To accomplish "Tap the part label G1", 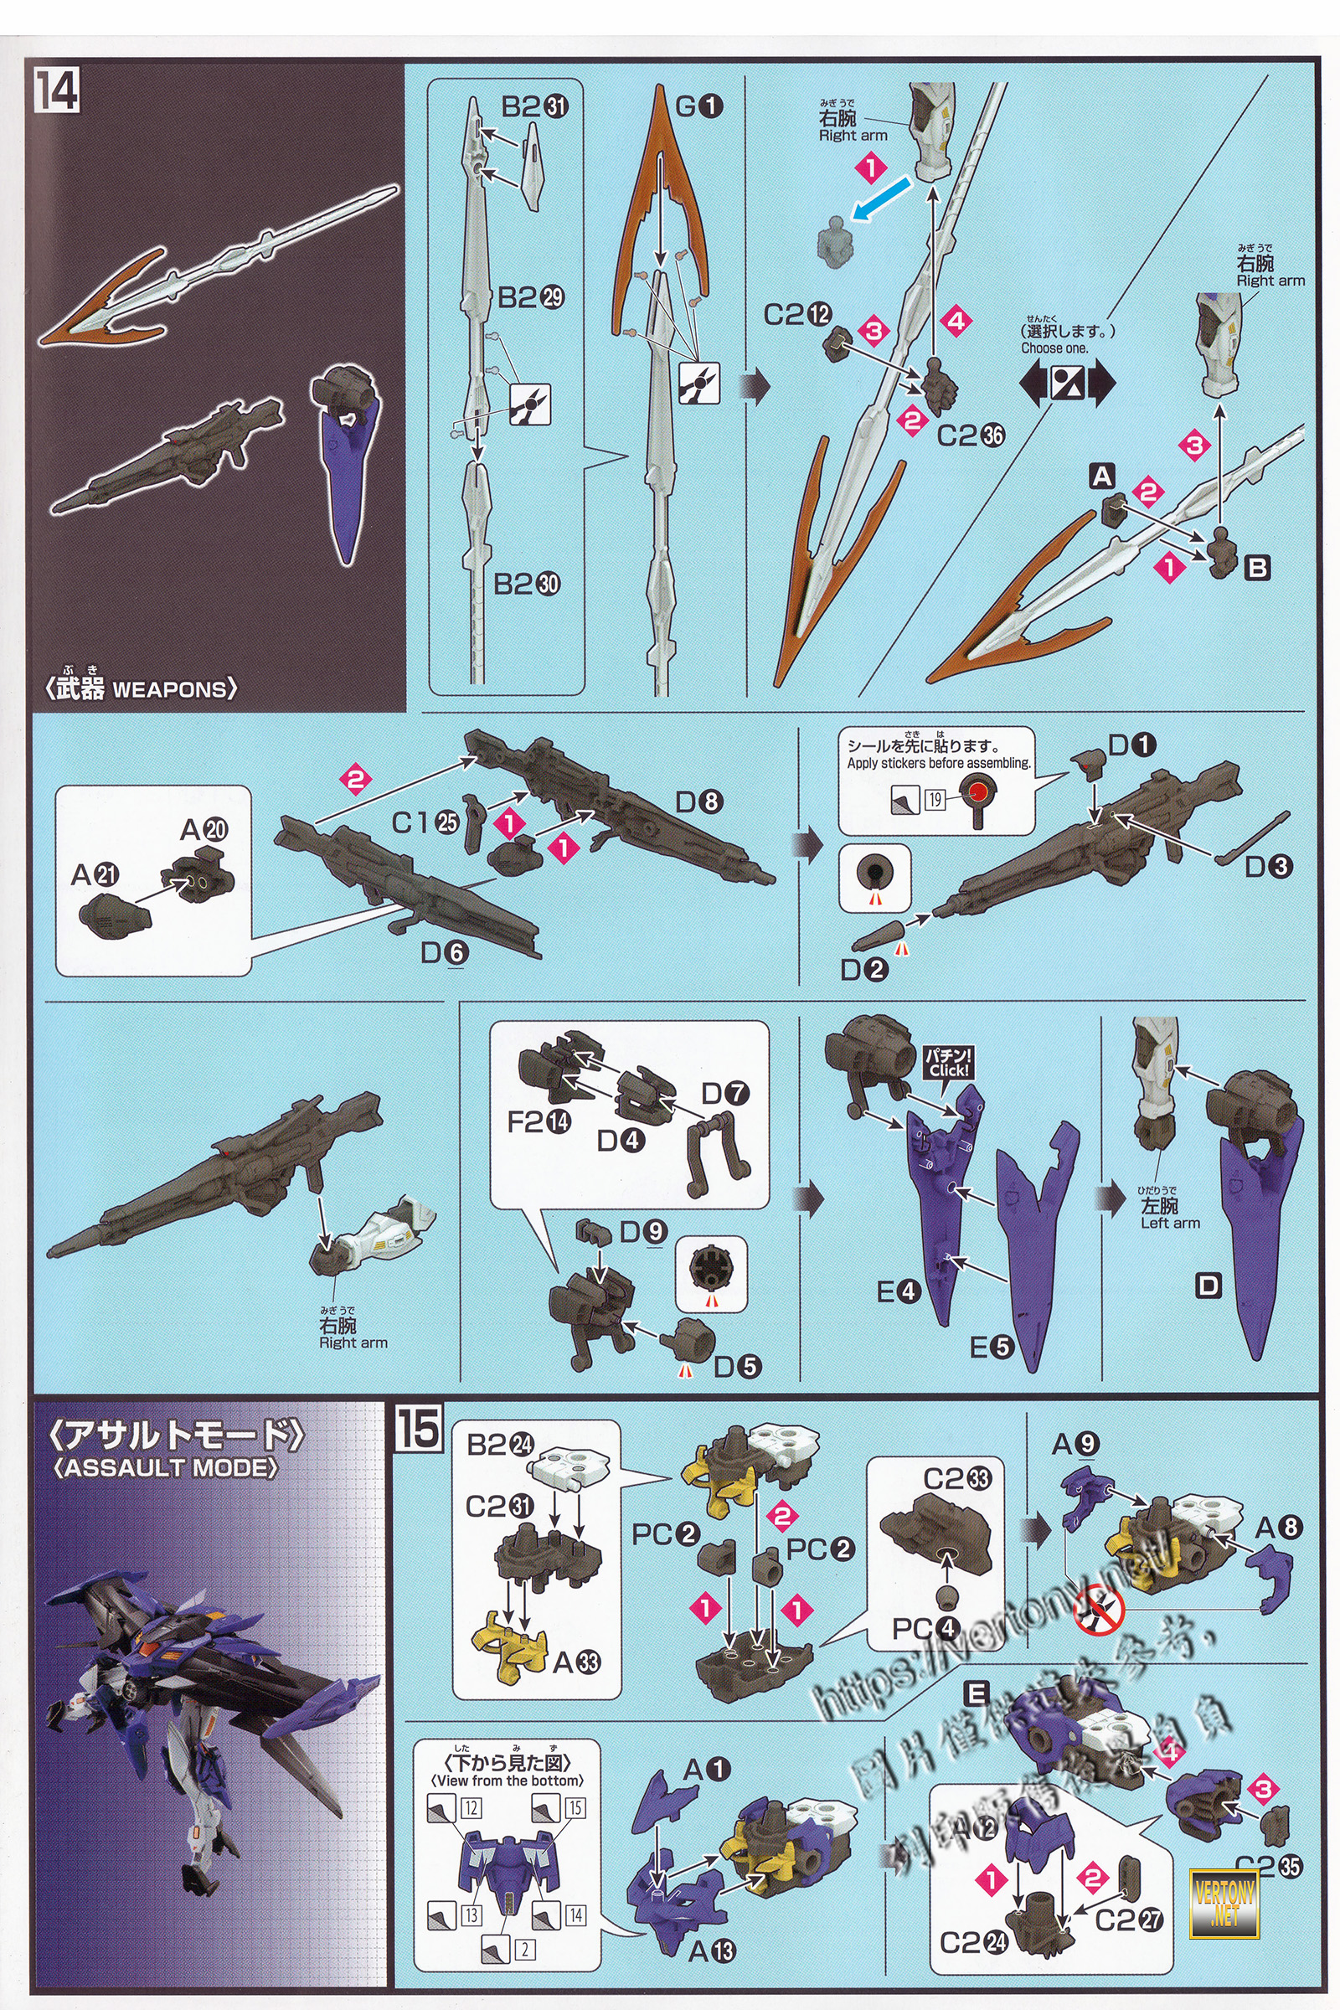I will (698, 107).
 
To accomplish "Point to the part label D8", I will (699, 801).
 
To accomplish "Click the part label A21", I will (95, 874).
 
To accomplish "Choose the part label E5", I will (992, 1348).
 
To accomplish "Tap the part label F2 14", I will (539, 1121).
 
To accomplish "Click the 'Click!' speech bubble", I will (949, 1063).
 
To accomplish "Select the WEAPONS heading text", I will (142, 688).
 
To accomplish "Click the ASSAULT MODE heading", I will (165, 1467).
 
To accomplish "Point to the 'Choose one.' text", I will (1054, 348).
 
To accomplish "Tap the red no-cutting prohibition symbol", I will (1099, 1611).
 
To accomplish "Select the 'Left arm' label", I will (1170, 1223).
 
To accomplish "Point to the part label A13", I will (712, 1951).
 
